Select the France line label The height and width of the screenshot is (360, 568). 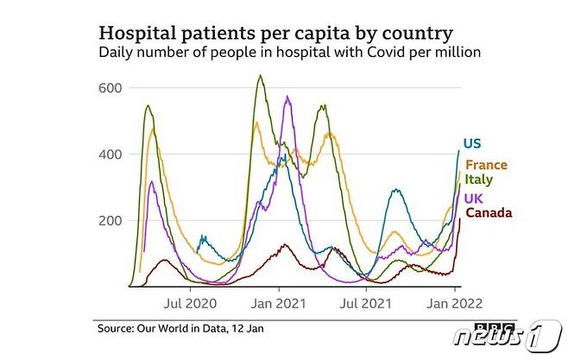click(485, 165)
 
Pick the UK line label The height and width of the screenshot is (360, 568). click(474, 199)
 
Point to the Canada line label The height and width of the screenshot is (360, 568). click(489, 213)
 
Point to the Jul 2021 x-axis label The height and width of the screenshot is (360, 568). click(366, 304)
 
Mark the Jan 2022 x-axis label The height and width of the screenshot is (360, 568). click(454, 304)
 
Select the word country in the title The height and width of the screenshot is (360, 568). click(417, 34)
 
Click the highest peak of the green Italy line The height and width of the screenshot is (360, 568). click(260, 76)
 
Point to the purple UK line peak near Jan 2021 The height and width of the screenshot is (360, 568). click(287, 97)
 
